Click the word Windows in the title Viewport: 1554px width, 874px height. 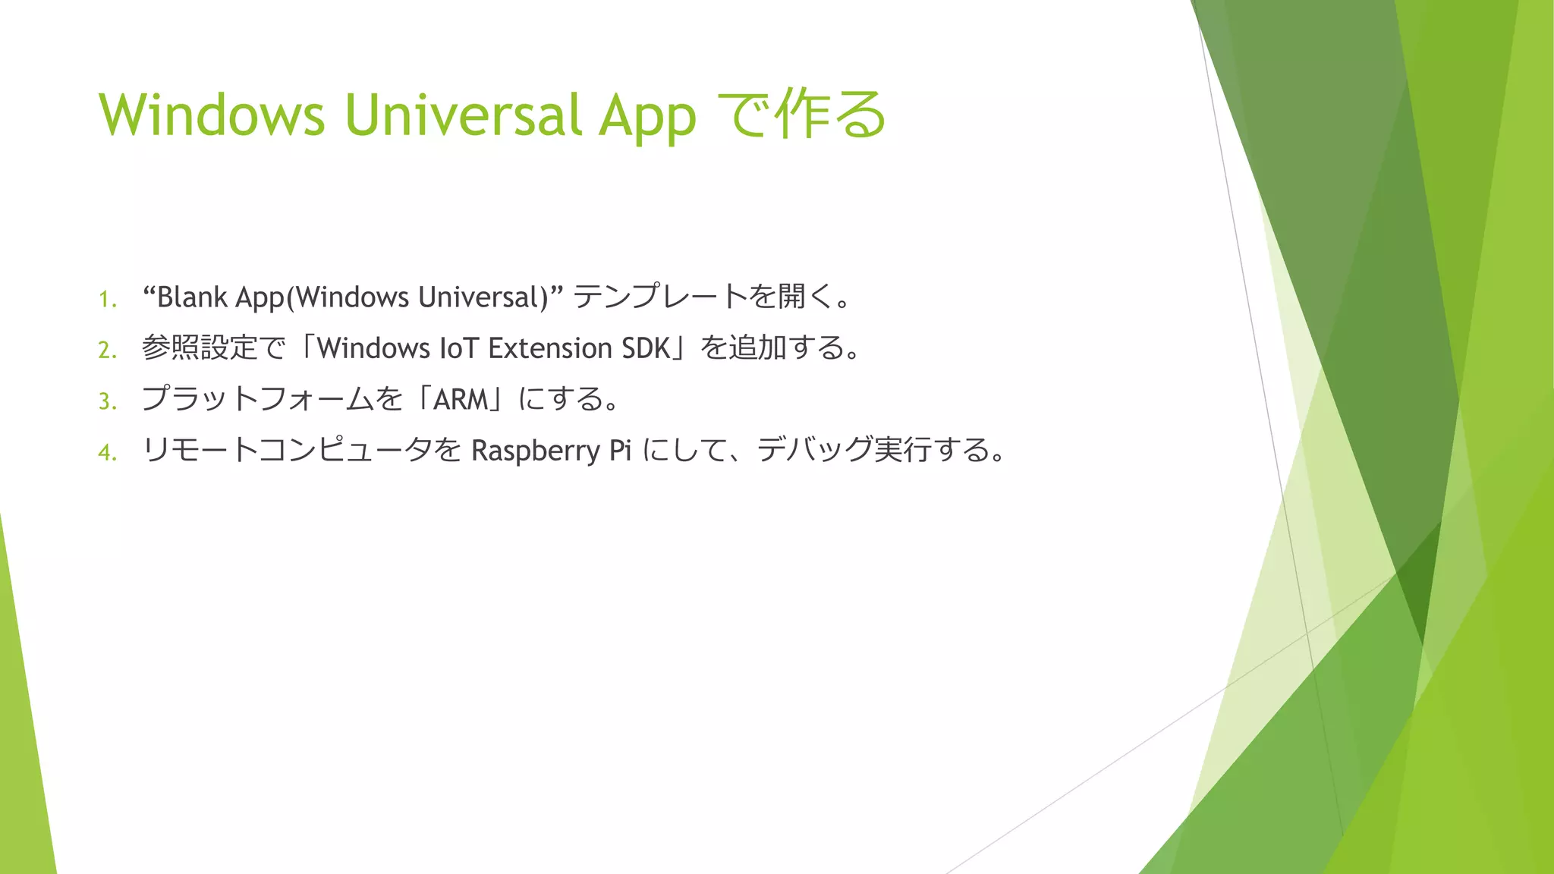[212, 115]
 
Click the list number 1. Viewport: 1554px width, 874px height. [107, 300]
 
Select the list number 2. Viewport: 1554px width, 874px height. [107, 351]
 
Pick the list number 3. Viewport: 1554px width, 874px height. [107, 401]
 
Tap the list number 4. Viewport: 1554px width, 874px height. [107, 453]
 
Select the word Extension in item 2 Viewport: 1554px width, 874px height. [550, 348]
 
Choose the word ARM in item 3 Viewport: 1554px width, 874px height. [461, 399]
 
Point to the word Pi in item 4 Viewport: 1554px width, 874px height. [620, 451]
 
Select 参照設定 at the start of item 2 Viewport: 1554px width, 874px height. [200, 348]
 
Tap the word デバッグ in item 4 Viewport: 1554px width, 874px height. [814, 451]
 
